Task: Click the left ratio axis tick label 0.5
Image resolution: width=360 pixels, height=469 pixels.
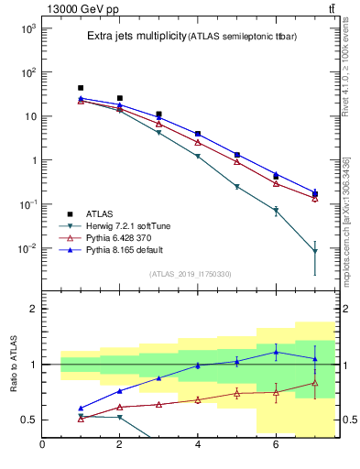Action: click(x=29, y=420)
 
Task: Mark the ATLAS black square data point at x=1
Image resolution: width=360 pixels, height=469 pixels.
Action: click(x=81, y=88)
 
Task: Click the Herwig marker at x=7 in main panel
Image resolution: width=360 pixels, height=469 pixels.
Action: click(x=314, y=251)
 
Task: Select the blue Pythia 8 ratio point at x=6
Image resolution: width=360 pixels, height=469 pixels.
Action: click(x=276, y=352)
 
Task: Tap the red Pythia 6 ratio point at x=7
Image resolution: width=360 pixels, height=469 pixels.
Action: click(x=314, y=382)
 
